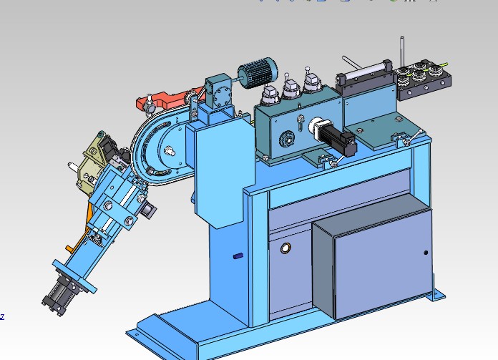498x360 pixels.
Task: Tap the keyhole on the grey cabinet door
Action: coord(426,253)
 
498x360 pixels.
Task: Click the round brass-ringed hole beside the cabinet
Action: coord(285,248)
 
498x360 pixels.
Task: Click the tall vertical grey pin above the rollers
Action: coord(402,52)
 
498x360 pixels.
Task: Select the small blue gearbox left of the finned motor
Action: coord(219,92)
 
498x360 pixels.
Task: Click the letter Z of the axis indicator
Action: coord(2,316)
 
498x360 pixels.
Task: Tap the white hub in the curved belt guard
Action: coord(169,150)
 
